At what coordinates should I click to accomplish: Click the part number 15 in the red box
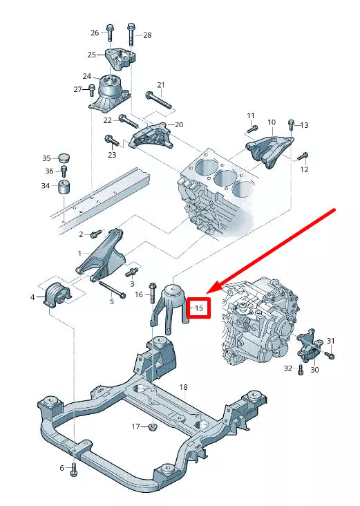199,308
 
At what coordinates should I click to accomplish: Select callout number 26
95,32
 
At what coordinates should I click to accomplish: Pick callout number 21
161,86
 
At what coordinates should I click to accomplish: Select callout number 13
304,125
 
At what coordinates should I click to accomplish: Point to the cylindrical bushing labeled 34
66,187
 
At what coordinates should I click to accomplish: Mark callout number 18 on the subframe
183,386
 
